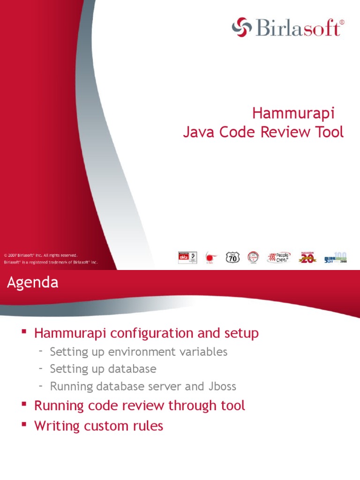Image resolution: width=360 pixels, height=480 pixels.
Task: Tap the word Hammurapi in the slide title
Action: tap(293, 113)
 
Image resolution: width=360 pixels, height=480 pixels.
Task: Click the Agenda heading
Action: tap(32, 283)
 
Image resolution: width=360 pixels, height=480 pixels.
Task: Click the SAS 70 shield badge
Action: tap(232, 257)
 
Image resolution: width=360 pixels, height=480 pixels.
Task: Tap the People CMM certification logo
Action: tap(279, 257)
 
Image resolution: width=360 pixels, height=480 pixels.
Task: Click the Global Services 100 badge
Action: tap(336, 257)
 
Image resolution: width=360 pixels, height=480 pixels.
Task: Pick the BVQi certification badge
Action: tap(187, 257)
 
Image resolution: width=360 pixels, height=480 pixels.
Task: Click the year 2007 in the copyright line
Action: tap(13, 255)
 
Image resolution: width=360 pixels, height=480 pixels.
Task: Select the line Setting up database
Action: tap(103, 369)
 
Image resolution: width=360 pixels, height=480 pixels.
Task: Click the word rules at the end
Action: tap(146, 426)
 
